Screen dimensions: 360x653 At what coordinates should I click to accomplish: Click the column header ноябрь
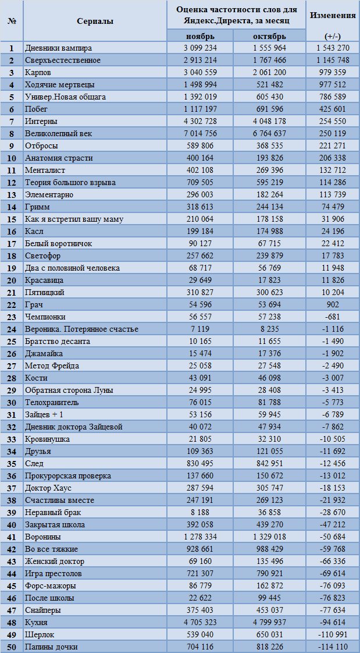199,36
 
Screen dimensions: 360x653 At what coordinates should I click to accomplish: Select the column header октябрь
269,36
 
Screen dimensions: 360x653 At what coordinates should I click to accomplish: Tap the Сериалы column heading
95,22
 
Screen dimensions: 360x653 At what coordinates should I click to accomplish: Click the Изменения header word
333,15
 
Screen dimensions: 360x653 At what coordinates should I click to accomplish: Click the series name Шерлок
40,635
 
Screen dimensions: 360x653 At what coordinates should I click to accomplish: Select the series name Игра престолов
54,574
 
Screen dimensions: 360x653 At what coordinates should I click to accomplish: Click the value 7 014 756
199,134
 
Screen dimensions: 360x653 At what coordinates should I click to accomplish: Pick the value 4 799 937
269,623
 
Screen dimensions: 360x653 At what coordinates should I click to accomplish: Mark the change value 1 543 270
333,48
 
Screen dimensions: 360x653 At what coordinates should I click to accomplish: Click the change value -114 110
333,647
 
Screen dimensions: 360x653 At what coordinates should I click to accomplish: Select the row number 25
12,342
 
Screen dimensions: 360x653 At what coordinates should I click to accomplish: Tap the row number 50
12,647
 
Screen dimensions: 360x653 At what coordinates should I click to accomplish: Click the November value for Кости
199,378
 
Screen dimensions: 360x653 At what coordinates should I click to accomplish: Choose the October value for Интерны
269,122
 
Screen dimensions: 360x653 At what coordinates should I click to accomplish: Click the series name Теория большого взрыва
70,182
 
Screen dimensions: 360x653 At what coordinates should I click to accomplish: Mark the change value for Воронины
333,537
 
